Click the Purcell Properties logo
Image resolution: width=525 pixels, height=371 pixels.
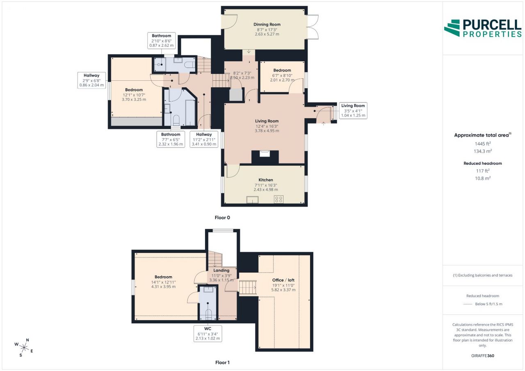pyautogui.click(x=483, y=28)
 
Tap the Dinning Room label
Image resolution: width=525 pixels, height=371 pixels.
pyautogui.click(x=267, y=24)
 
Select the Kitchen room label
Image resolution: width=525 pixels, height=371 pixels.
pyautogui.click(x=265, y=180)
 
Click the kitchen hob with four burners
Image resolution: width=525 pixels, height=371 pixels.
pyautogui.click(x=278, y=199)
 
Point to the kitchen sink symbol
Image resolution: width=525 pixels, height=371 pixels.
pyautogui.click(x=252, y=200)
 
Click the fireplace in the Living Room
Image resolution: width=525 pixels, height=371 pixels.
pyautogui.click(x=265, y=157)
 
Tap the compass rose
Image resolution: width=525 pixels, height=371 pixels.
pyautogui.click(x=24, y=348)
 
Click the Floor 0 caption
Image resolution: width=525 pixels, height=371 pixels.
pyautogui.click(x=222, y=218)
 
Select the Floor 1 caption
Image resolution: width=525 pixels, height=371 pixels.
pyautogui.click(x=222, y=362)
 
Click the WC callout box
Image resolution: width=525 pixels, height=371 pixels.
pyautogui.click(x=208, y=334)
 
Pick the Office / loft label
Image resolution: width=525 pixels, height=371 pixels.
pyautogui.click(x=283, y=280)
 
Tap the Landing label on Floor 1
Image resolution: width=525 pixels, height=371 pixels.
pyautogui.click(x=221, y=270)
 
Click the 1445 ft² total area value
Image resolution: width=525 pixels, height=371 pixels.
pyautogui.click(x=483, y=144)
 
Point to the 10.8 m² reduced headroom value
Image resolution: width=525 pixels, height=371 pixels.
pyautogui.click(x=483, y=178)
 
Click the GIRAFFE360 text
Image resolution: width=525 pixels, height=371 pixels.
pyautogui.click(x=483, y=355)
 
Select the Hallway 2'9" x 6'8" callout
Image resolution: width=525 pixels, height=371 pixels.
pyautogui.click(x=91, y=80)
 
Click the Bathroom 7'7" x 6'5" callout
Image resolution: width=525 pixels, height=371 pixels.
pyautogui.click(x=171, y=139)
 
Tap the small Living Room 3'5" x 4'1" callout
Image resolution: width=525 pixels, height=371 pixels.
pyautogui.click(x=353, y=111)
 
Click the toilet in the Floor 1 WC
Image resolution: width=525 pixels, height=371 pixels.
pyautogui.click(x=208, y=314)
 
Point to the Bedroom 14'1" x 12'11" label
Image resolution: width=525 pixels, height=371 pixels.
pyautogui.click(x=163, y=282)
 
